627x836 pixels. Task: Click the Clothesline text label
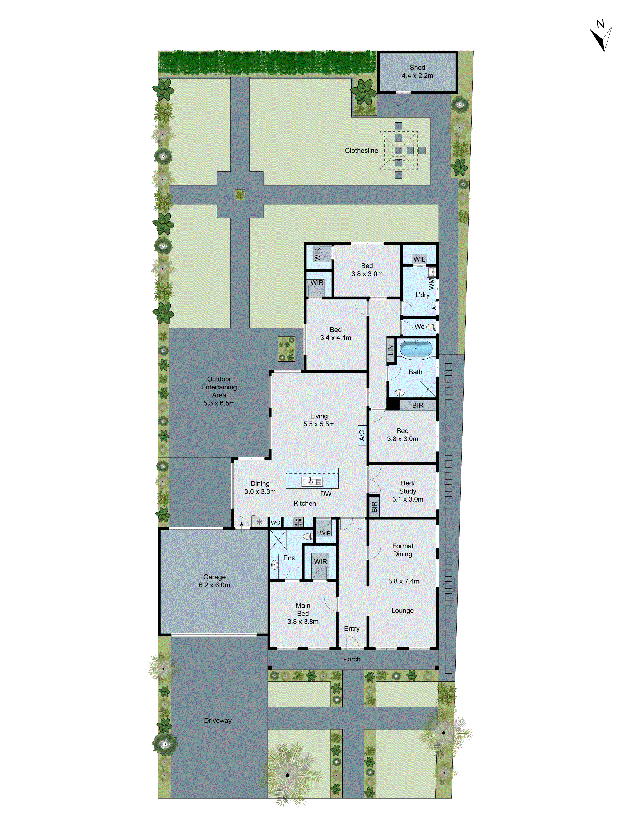point(361,151)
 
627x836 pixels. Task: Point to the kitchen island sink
point(312,481)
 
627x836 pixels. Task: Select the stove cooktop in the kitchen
point(298,522)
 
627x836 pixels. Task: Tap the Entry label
point(352,628)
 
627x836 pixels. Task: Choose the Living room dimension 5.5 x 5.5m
point(319,424)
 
